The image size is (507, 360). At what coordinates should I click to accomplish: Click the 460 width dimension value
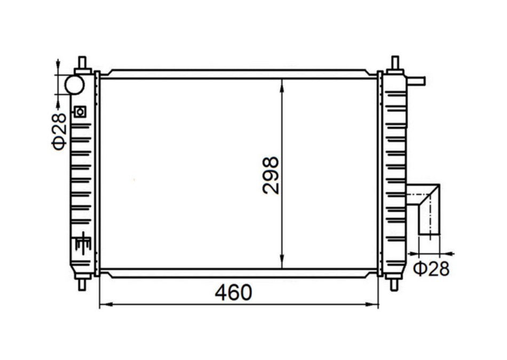pos(233,292)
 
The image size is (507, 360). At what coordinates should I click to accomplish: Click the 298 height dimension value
pos(271,175)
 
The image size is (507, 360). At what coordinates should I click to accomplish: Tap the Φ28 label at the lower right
pos(431,269)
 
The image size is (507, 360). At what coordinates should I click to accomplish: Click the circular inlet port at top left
pos(74,84)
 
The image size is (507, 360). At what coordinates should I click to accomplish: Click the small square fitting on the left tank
pos(80,112)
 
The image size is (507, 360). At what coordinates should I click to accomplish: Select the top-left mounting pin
pos(82,63)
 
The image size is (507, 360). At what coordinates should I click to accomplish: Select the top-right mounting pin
pos(395,63)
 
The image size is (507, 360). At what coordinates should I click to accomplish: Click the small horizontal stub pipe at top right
pos(416,81)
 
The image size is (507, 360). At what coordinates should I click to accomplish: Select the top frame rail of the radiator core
pos(238,74)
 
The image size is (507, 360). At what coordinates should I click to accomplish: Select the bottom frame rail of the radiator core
pos(238,273)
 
